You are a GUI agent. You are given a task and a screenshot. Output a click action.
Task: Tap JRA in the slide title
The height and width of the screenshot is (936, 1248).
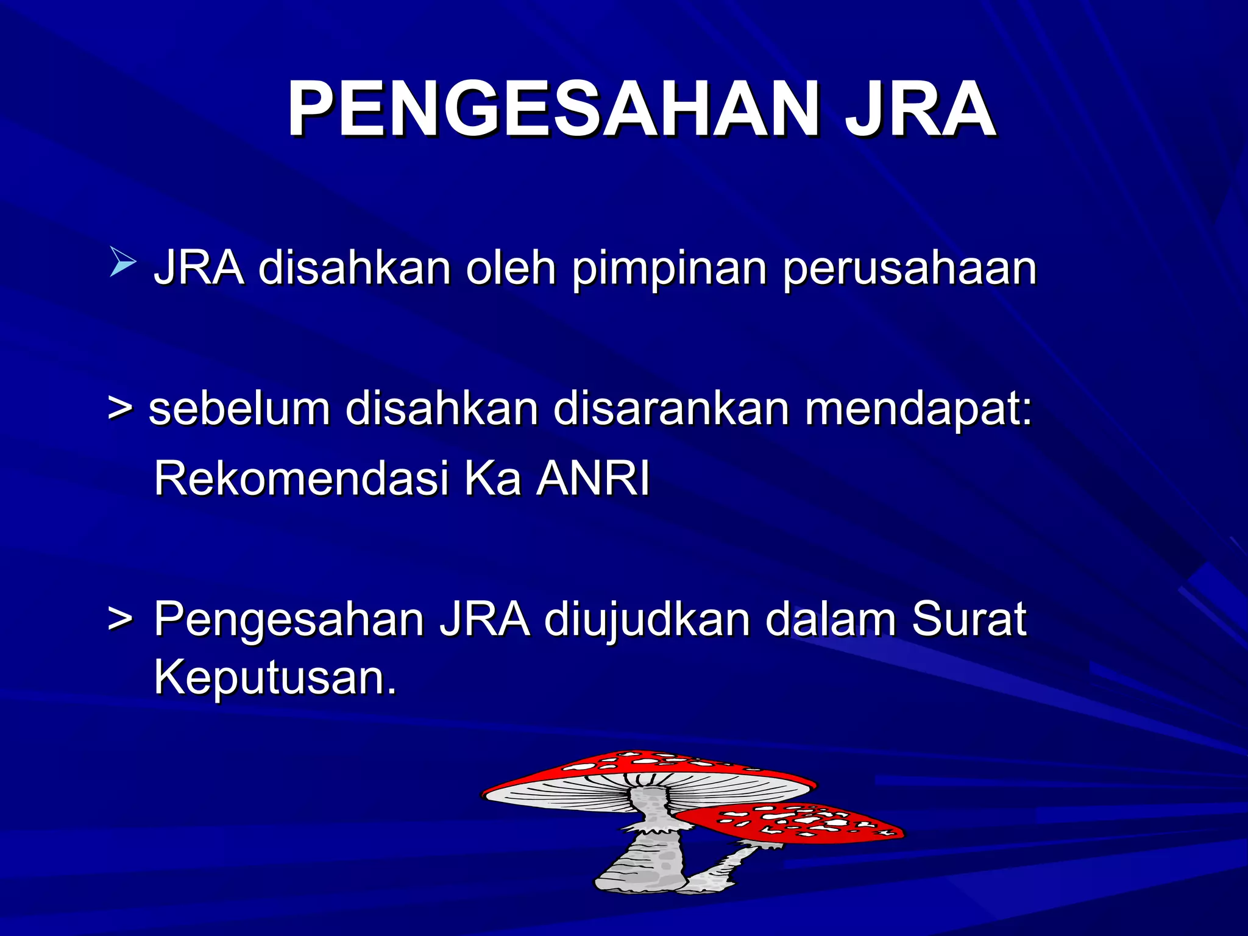coord(920,110)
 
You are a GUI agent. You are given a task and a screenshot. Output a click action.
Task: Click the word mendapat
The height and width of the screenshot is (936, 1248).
coord(917,409)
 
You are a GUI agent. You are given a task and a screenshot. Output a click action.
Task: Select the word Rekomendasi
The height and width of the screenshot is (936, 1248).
coord(301,478)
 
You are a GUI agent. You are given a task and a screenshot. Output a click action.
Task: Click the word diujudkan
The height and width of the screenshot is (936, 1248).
coord(647,619)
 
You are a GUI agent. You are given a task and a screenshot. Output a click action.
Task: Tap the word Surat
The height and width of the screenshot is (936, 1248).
coord(969,619)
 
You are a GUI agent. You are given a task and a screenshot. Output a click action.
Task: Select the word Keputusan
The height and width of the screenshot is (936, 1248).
coord(274,678)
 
